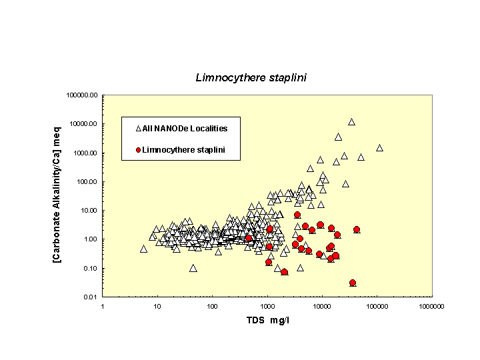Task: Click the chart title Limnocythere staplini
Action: click(251, 77)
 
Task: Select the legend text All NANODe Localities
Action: click(185, 128)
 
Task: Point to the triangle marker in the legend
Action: click(138, 128)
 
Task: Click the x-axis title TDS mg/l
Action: click(267, 320)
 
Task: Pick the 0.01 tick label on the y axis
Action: click(91, 297)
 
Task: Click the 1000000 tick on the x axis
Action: click(431, 306)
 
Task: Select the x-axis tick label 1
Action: click(103, 306)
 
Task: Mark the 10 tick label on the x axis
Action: click(157, 306)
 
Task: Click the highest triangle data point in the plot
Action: click(351, 122)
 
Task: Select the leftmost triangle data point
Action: click(143, 249)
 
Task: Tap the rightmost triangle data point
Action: click(379, 148)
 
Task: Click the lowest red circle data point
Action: click(353, 283)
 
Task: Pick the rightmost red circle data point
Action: click(357, 229)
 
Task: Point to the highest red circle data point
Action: click(297, 215)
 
